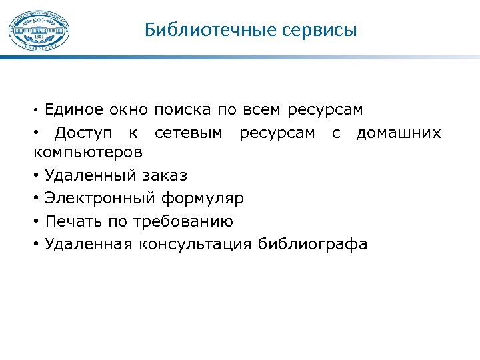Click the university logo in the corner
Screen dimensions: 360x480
pyautogui.click(x=39, y=30)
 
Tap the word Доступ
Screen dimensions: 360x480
pyautogui.click(x=83, y=133)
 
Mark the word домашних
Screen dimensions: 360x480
pyautogui.click(x=399, y=133)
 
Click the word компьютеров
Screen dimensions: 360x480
pyautogui.click(x=87, y=152)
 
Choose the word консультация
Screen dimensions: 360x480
pyautogui.click(x=195, y=244)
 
